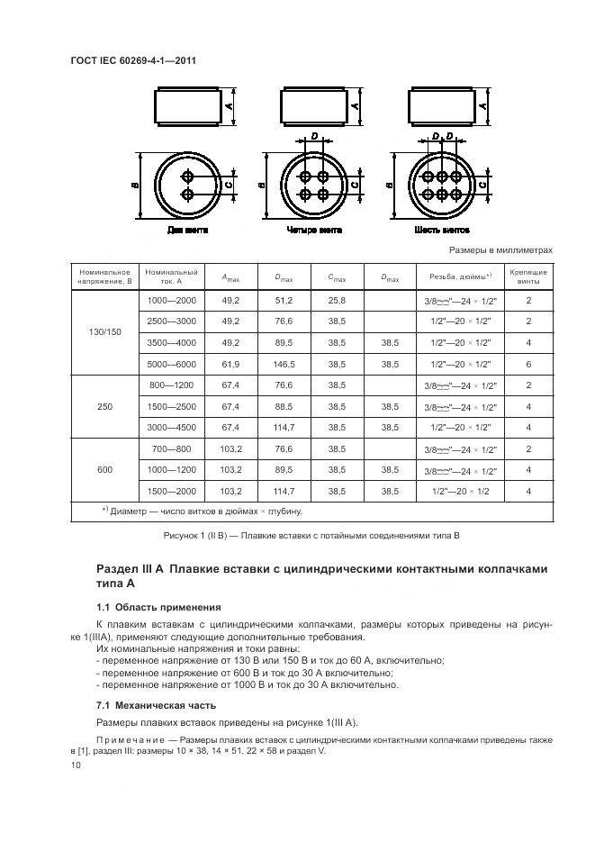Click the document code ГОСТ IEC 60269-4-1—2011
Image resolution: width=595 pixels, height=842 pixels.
point(133,60)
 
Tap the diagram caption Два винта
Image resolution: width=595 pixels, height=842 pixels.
point(187,231)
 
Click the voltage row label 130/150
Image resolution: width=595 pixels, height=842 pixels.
point(104,331)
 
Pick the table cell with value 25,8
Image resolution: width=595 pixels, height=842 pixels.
point(337,299)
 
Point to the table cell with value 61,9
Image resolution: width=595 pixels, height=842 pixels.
point(230,364)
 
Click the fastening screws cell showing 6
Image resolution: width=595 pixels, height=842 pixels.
point(528,364)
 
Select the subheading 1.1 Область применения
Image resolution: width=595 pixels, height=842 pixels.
point(158,607)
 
